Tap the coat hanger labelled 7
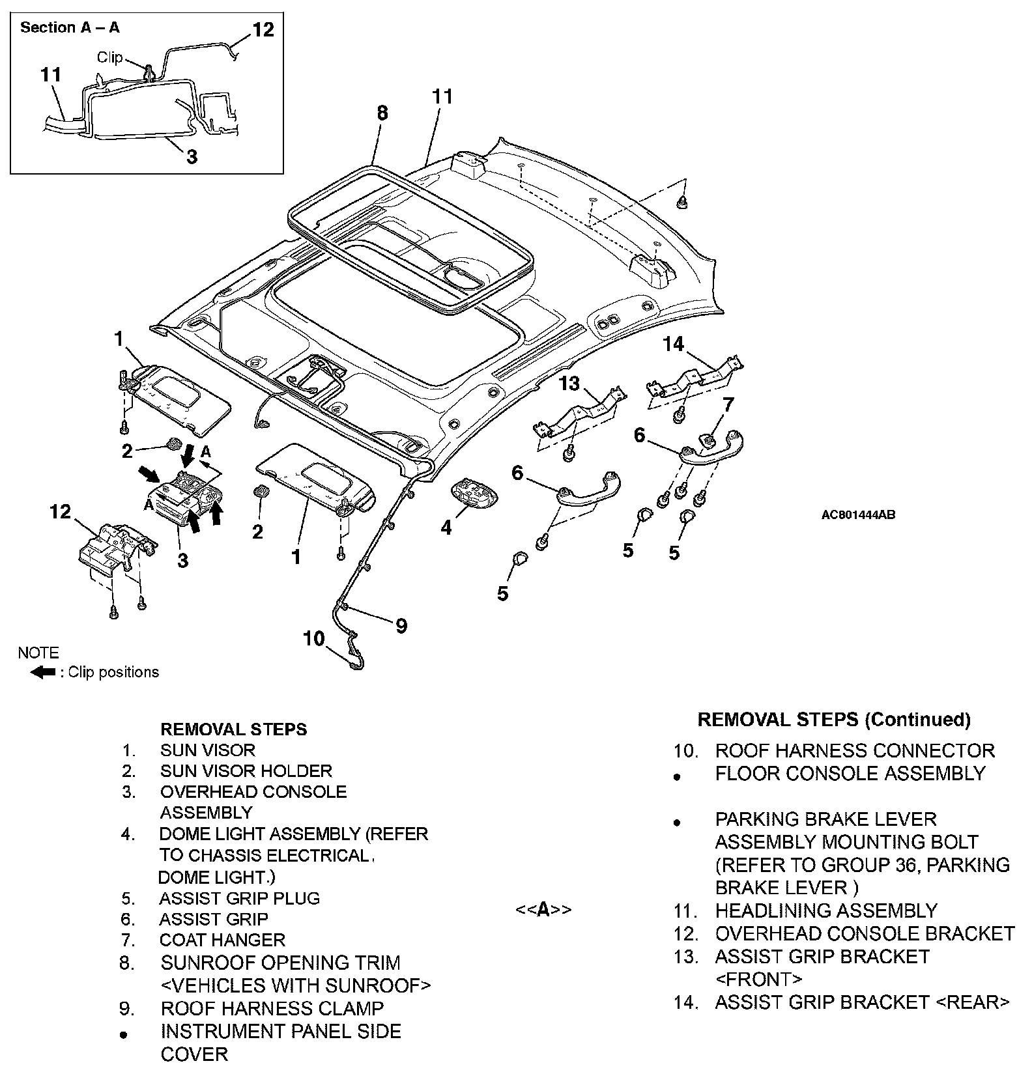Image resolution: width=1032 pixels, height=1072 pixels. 708,440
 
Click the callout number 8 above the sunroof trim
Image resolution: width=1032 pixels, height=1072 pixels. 382,113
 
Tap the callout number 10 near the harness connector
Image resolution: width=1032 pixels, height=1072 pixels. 314,638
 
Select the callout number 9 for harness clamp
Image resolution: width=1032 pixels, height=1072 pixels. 401,626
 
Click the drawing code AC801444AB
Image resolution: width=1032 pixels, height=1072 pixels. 857,515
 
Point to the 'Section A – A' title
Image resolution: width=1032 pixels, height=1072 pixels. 70,27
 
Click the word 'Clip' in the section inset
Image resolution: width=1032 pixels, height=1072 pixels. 109,57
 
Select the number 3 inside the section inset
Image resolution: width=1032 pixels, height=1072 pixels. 192,156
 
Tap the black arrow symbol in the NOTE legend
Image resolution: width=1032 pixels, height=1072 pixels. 43,672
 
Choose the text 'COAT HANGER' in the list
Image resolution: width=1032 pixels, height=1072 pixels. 222,940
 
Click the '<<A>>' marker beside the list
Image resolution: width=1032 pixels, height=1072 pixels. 543,909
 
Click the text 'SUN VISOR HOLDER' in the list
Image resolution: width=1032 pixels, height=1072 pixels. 246,771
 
